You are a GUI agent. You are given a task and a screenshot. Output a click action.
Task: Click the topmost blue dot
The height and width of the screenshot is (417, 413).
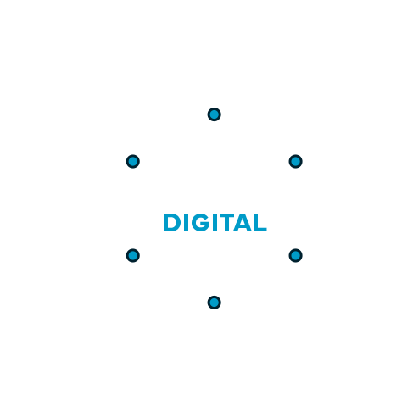(x=214, y=114)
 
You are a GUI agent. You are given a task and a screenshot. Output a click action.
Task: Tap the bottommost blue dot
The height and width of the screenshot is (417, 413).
(x=214, y=303)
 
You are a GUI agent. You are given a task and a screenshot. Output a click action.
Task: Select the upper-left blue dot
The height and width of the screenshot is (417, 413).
(x=132, y=161)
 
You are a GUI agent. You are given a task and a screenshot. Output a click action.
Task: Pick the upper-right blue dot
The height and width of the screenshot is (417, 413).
(x=295, y=161)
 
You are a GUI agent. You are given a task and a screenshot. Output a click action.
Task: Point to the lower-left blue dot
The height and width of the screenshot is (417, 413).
(x=132, y=255)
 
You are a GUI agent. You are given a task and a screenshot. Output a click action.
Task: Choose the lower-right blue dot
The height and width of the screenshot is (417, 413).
(x=295, y=255)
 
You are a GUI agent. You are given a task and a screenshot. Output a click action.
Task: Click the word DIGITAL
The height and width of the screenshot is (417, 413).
(x=215, y=223)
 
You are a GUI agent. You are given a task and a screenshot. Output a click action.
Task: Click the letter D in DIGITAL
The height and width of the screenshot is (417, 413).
(x=171, y=223)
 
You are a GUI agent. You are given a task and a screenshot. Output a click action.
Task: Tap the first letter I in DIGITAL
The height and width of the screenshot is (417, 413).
(x=186, y=223)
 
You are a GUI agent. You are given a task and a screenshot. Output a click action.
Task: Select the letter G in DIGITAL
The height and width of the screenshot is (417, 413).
(x=201, y=223)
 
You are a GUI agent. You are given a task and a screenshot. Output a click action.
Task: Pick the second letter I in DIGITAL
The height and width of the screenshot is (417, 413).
(x=215, y=223)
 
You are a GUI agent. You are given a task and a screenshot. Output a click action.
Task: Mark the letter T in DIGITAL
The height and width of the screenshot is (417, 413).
(x=226, y=223)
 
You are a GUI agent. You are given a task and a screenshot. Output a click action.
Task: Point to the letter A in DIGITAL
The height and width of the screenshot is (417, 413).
(x=243, y=223)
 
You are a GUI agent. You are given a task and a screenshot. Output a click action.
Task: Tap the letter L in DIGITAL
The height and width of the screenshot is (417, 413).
(x=260, y=223)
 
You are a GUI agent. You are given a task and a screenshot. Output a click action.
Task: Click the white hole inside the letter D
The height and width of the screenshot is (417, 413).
(x=171, y=223)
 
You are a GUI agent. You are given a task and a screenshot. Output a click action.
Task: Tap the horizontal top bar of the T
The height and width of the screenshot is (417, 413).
(x=226, y=216)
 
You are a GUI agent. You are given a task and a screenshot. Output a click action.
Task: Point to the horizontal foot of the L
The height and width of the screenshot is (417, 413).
(x=260, y=230)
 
